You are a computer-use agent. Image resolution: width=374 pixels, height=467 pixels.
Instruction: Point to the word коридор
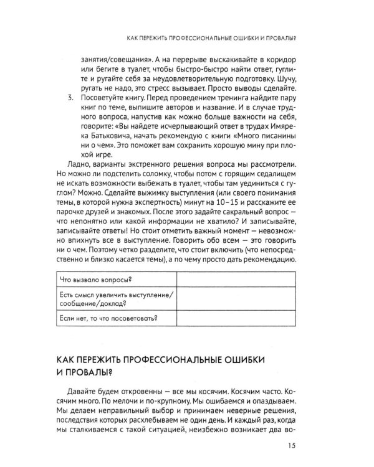[280, 60]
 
